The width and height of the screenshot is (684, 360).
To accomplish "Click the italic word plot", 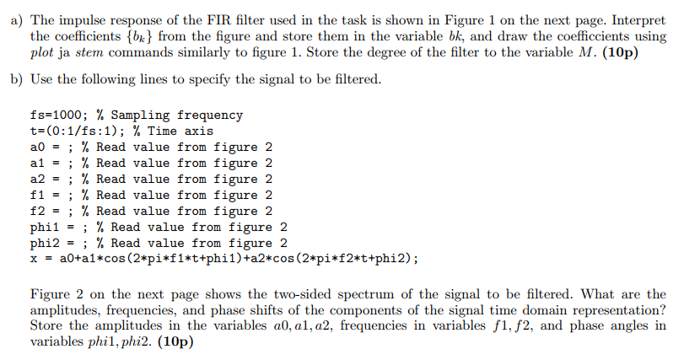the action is coord(41,52).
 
